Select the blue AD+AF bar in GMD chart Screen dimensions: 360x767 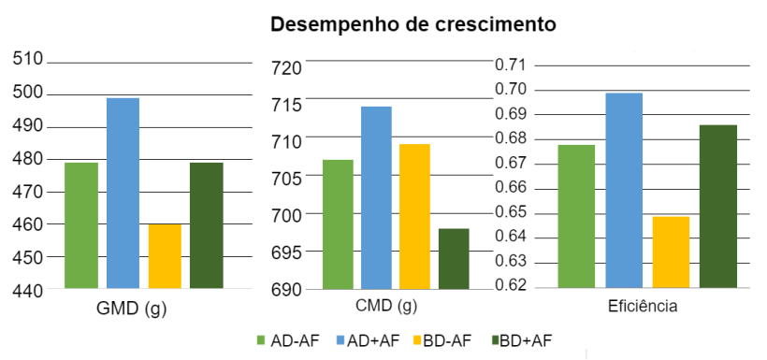coord(123,193)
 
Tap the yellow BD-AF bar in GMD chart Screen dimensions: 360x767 coord(165,255)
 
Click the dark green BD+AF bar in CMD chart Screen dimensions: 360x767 coord(454,258)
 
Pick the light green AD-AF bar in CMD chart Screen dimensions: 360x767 coord(338,223)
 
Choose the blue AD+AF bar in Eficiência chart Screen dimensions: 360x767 coord(624,190)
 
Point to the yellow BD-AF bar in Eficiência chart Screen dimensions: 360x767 coord(671,252)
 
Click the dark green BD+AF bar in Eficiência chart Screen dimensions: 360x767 coord(717,206)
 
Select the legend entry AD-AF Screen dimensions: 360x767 coord(289,340)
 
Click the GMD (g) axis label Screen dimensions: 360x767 coord(132,307)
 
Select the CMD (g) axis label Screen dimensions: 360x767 coord(386,306)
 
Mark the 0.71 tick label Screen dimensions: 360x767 coord(512,65)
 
